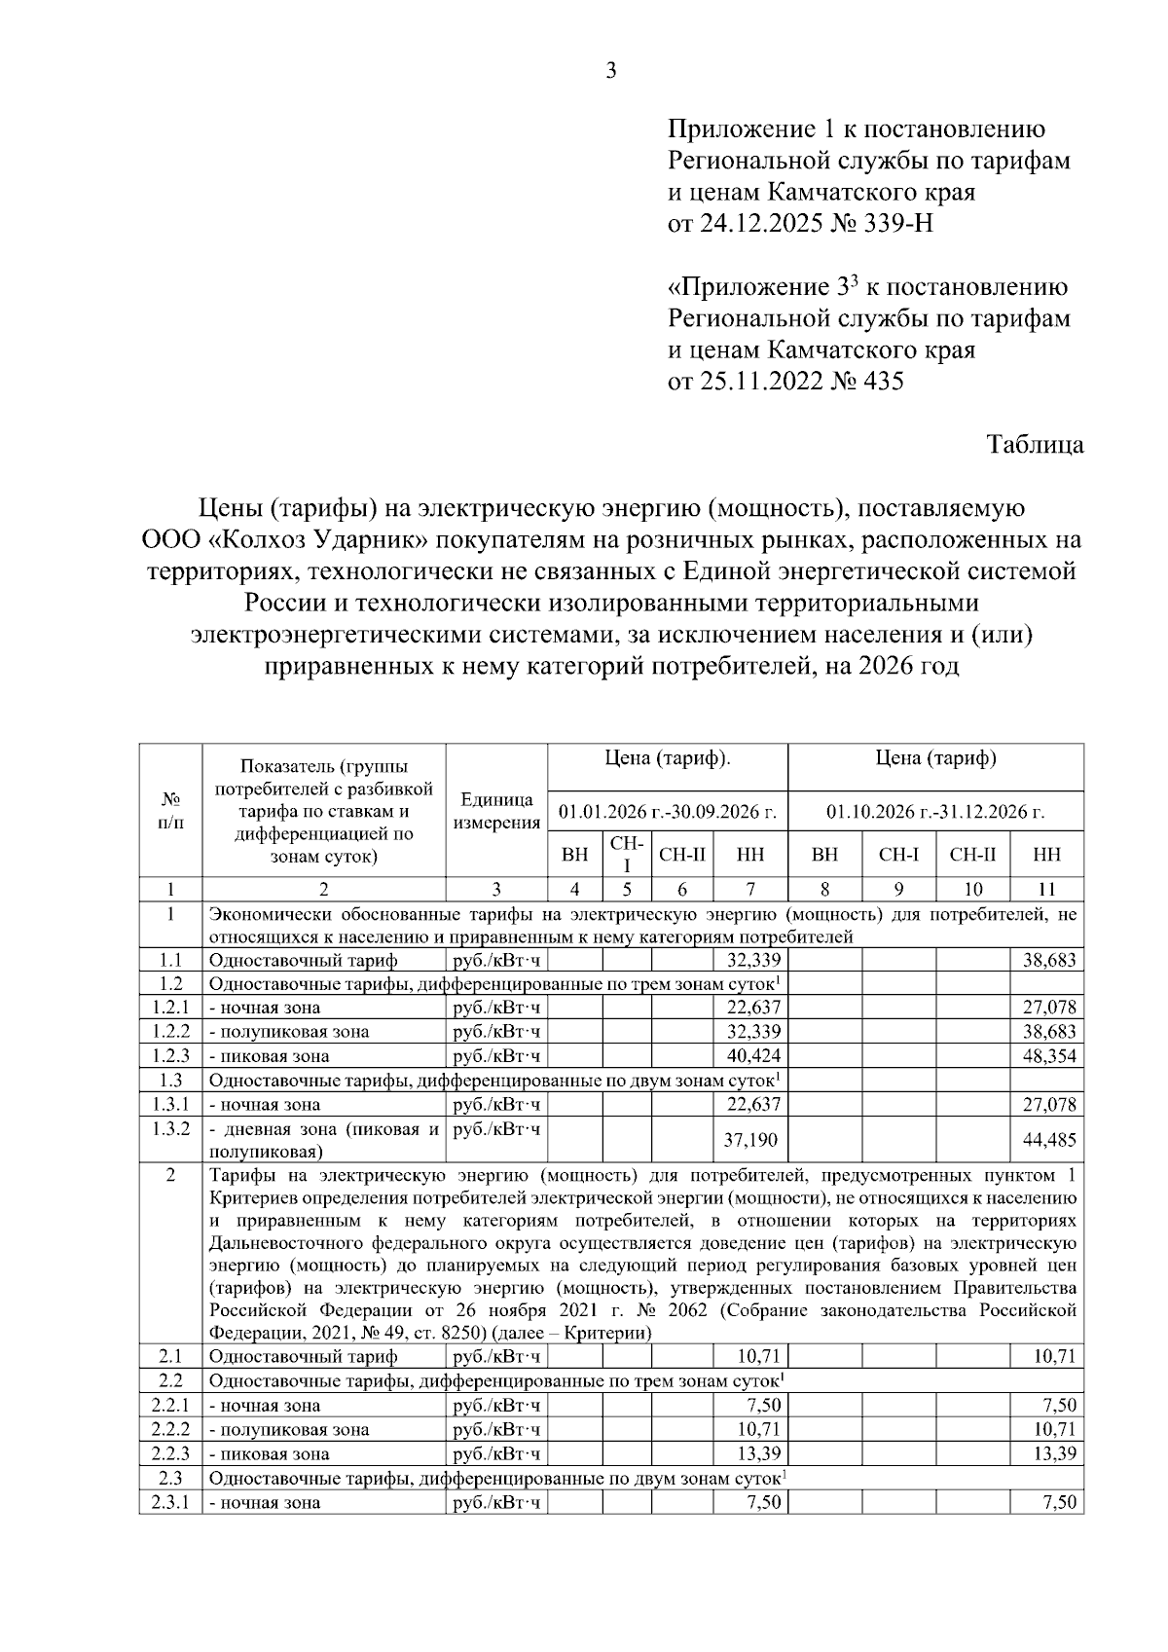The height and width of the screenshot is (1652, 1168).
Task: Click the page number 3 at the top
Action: point(610,70)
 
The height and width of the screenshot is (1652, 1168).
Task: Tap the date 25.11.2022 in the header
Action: point(756,381)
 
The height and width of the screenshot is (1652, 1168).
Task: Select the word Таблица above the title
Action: point(1035,445)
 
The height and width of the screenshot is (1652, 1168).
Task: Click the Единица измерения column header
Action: point(496,811)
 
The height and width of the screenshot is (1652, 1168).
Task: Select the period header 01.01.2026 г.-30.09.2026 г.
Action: point(667,811)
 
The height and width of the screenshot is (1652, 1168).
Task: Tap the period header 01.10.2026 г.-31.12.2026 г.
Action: point(934,811)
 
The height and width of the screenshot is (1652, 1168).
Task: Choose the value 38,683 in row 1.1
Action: point(1049,961)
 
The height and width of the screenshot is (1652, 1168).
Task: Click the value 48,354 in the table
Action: point(1049,1056)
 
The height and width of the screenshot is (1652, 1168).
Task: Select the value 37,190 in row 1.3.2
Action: point(750,1139)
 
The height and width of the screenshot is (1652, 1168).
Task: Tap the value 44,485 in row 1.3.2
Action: point(1049,1139)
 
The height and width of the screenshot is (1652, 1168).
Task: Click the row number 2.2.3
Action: point(170,1454)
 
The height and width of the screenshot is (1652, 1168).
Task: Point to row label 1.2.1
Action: point(170,1008)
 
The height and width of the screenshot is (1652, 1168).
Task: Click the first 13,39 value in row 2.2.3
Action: point(760,1454)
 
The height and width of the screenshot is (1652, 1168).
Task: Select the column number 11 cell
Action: point(1046,889)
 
